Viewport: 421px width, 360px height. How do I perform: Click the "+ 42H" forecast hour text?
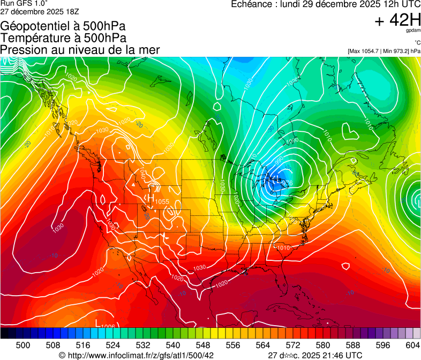pyautogui.click(x=397, y=21)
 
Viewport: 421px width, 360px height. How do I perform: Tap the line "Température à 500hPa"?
pyautogui.click(x=63, y=38)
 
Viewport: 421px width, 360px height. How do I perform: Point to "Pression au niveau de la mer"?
pyautogui.click(x=80, y=50)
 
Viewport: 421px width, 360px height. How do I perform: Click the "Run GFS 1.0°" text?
pyautogui.click(x=24, y=3)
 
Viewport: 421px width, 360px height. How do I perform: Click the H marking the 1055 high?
pyautogui.click(x=151, y=198)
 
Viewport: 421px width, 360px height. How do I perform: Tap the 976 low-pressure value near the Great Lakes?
pyautogui.click(x=287, y=184)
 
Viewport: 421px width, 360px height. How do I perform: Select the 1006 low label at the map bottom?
pyautogui.click(x=108, y=326)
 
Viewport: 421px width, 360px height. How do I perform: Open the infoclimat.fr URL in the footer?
pyautogui.click(x=140, y=355)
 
